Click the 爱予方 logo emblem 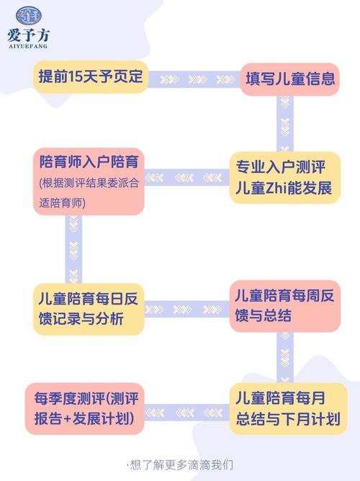[29, 15]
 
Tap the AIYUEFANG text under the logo [28, 46]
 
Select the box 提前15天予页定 [91, 77]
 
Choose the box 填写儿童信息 [289, 79]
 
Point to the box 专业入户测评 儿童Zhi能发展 [285, 177]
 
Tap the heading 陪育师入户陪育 [89, 162]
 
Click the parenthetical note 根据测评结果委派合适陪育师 [89, 193]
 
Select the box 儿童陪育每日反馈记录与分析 [89, 309]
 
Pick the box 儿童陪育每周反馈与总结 [285, 306]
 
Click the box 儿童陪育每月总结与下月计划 [288, 408]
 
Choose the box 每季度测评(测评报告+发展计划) [85, 408]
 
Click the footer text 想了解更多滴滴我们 [180, 465]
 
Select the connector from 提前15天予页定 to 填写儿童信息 [194, 79]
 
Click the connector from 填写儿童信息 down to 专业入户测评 [285, 123]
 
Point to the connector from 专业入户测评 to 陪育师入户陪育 [186, 177]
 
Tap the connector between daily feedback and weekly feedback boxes [186, 309]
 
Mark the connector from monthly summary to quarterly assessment [186, 413]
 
